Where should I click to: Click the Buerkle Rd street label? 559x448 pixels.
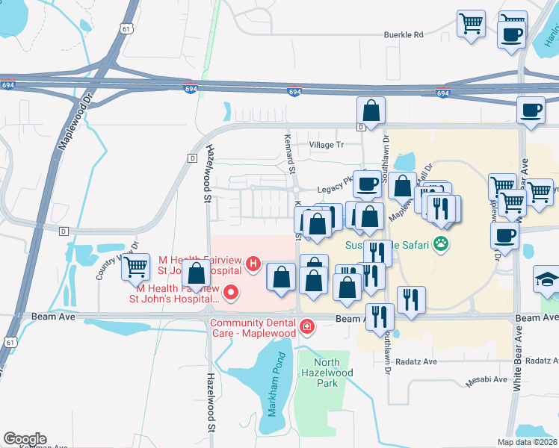(404, 34)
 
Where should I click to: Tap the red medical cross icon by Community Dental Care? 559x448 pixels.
(306, 327)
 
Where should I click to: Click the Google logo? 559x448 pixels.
(25, 438)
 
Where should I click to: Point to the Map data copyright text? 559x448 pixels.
(528, 442)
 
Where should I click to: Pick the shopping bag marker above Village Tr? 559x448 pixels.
(371, 111)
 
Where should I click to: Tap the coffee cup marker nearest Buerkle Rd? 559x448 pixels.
(511, 34)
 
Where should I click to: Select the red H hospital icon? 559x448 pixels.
(253, 264)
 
